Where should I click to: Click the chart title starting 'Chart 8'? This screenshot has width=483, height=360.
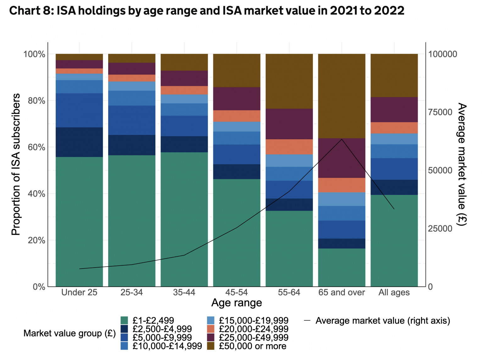point(207,11)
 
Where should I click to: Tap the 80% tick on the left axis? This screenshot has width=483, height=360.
point(34,101)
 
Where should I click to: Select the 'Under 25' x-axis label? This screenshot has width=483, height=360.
point(79,292)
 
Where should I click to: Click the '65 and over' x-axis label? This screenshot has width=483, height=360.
point(341,292)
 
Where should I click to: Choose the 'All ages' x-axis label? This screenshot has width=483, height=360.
point(394,292)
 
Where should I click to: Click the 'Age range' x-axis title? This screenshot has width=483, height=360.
point(236,303)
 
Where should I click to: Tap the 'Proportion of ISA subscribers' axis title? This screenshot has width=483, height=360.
point(16,164)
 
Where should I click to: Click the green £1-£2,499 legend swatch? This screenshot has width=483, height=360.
point(124,320)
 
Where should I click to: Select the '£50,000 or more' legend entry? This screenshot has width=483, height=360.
point(253,346)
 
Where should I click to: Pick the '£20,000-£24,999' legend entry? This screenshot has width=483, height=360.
point(253,329)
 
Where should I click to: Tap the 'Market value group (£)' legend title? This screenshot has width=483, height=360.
point(69,333)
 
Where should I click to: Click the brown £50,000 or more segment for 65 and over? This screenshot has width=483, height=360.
point(341,96)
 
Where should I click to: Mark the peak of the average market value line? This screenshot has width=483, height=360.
point(341,139)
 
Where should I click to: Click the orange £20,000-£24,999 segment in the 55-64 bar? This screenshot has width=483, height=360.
point(289,147)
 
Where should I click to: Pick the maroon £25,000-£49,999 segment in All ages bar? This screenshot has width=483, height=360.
point(394,109)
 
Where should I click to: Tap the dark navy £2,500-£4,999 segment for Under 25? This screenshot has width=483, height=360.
point(79,142)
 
